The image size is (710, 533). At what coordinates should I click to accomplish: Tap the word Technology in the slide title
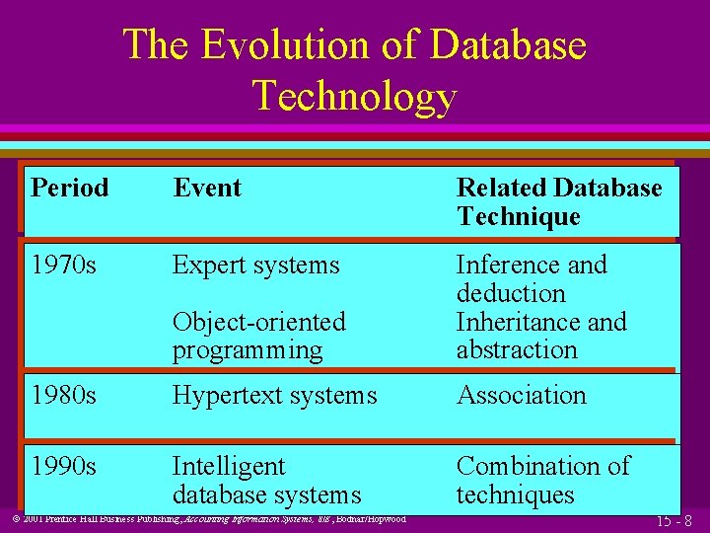coord(354,96)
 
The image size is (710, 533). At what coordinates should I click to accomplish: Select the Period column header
coord(70,188)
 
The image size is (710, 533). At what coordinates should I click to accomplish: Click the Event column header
coord(207,188)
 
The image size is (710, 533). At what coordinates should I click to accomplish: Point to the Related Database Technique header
coord(558,202)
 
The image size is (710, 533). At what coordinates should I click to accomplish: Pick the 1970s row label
coord(63,266)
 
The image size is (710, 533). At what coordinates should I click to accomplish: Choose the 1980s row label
coord(63,396)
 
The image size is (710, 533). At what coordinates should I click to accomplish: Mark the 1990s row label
coord(63,466)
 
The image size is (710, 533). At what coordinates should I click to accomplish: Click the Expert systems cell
coord(255,266)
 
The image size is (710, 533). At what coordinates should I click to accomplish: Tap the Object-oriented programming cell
coord(258,336)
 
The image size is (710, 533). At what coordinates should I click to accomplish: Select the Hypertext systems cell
coord(274,396)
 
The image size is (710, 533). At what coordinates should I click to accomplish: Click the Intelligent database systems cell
coord(266,480)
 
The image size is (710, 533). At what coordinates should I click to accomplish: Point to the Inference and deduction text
coord(531,279)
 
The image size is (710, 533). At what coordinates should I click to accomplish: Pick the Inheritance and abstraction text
coord(540,336)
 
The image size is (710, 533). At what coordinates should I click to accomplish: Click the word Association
coord(521,396)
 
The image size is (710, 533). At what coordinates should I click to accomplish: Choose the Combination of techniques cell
coord(542,480)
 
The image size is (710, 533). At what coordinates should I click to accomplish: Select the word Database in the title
coord(508,45)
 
